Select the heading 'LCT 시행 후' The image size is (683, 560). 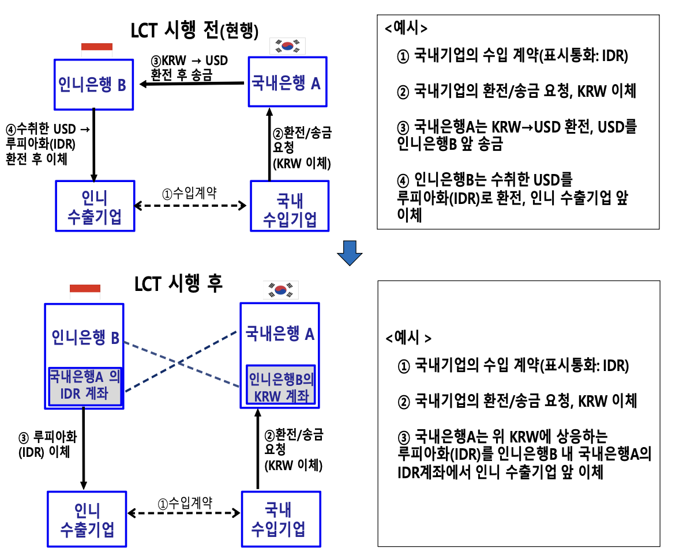(178, 283)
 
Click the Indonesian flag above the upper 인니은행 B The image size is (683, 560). (97, 47)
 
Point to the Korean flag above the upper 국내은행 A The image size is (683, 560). (288, 46)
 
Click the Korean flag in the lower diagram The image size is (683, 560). (281, 289)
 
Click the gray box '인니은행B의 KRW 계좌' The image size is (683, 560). (280, 387)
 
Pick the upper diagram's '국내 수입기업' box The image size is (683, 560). (290, 206)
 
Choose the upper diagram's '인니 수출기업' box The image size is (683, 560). (95, 206)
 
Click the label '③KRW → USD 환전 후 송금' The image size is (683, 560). (188, 67)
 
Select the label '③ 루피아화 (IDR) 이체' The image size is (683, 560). (45, 444)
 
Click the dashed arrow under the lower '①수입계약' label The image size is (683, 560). (184, 512)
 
